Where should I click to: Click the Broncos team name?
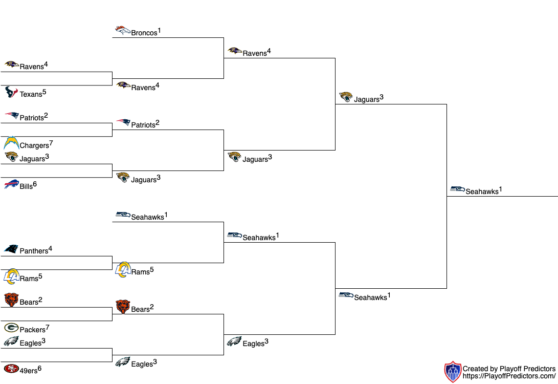pos(144,33)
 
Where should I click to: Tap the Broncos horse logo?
pos(122,31)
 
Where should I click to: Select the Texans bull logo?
pos(11,92)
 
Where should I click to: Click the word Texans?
pos(31,94)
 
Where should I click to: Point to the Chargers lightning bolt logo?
pos(11,143)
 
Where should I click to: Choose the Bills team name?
pos(26,186)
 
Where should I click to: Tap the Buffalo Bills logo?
pos(11,184)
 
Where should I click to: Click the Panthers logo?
pos(11,249)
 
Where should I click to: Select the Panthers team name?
pos(34,251)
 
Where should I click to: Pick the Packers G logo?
pos(11,328)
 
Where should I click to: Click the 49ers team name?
pos(28,371)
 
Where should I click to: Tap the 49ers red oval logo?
pos(11,369)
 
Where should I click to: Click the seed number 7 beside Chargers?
pos(51,142)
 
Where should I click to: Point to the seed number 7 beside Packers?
pos(48,327)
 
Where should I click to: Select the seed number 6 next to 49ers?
pos(39,368)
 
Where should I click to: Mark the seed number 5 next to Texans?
pos(44,92)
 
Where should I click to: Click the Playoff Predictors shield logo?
pos(453,372)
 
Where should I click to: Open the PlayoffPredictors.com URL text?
pos(509,376)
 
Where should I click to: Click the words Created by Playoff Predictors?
pos(509,369)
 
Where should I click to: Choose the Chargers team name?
pos(34,146)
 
